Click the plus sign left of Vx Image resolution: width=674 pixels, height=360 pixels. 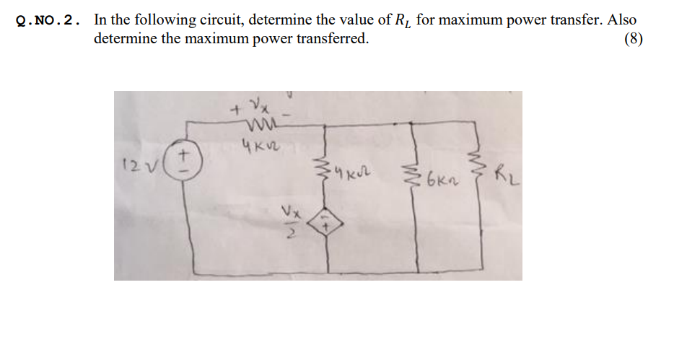coord(235,112)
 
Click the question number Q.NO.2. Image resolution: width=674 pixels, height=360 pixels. coord(48,21)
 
